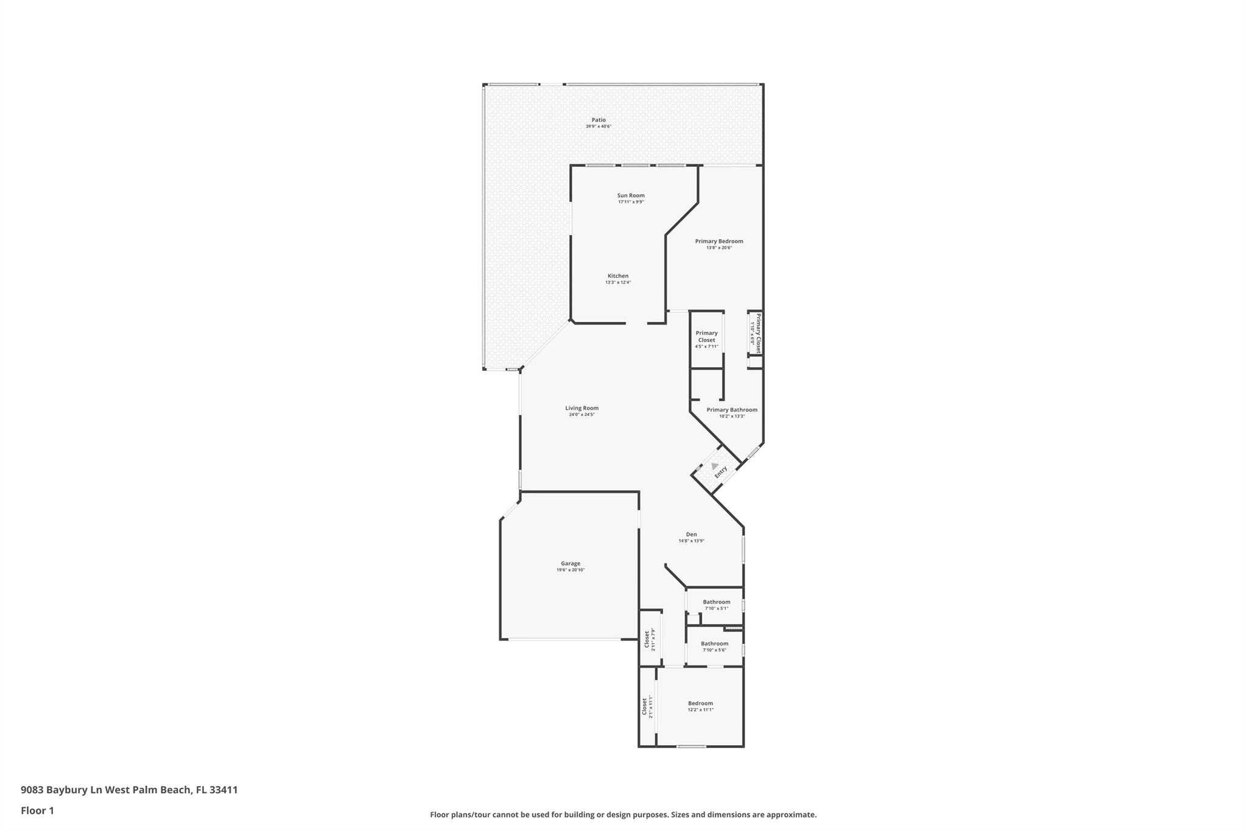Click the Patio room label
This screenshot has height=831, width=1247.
[x=599, y=120]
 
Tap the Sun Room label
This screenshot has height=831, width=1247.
[x=631, y=195]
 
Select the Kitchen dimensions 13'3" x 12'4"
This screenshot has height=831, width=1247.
[x=618, y=282]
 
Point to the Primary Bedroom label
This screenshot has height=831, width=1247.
[x=719, y=241]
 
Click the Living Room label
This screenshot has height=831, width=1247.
[x=581, y=408]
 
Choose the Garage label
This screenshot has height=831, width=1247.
[x=571, y=564]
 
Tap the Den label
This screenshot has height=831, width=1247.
[x=691, y=535]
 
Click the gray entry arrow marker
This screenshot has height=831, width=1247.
[x=714, y=466]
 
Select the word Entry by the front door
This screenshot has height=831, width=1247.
[x=721, y=472]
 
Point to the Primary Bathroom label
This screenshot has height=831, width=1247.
[x=732, y=410]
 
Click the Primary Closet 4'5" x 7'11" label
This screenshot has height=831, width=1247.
[x=706, y=340]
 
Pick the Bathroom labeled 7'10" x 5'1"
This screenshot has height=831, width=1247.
[x=717, y=605]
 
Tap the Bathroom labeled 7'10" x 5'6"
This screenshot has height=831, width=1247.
[x=714, y=646]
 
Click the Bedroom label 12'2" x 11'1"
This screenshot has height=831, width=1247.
[x=700, y=706]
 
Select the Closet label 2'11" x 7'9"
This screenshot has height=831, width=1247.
[x=650, y=639]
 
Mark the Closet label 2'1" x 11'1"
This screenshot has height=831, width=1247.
[x=647, y=706]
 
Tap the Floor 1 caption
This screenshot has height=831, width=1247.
[x=37, y=810]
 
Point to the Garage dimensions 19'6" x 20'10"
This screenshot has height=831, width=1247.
[x=571, y=570]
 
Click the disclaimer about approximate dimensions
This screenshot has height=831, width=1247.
[x=623, y=815]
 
